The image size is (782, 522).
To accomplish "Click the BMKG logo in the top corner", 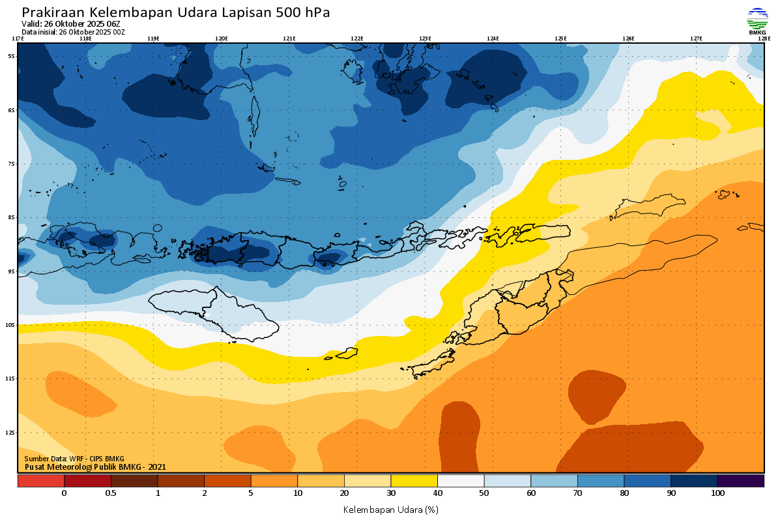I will point(757,20).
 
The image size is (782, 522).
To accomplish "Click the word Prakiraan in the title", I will point(53,12).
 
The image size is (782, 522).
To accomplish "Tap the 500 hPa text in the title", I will point(306,12).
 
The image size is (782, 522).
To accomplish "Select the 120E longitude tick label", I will point(222,38).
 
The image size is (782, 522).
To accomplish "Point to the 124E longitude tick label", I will point(493,38).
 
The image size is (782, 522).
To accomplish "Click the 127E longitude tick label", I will point(696,38).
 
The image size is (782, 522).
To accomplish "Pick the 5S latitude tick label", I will point(11,56).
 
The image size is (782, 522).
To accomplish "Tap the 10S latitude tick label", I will point(10,325).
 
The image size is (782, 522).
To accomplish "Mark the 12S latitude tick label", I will point(10,433).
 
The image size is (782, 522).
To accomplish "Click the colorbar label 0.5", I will point(111,493).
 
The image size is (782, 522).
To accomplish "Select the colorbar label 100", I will point(717,493).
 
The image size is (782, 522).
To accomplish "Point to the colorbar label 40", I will point(437,493).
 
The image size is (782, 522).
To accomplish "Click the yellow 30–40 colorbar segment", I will point(414,481).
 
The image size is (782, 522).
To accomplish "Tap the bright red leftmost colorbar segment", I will point(40,481).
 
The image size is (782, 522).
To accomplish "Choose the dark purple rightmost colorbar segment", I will point(740,481).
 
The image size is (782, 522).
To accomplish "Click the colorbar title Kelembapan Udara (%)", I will point(390,509).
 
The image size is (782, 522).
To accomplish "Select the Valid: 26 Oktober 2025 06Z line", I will point(71,23).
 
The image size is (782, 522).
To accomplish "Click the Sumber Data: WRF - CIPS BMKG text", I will point(74,459).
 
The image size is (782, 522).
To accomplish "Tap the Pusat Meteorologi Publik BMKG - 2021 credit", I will point(95,467).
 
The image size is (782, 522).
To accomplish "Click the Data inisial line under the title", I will point(73,31).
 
